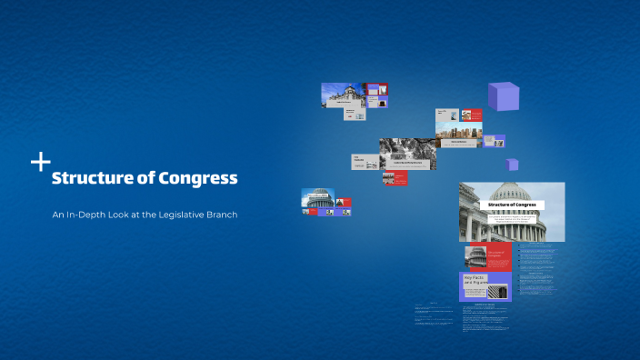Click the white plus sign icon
pos(40,163)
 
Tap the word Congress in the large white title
pos(198,179)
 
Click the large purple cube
pos(505,97)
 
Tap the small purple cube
pos(513,165)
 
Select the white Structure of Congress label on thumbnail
pos(513,205)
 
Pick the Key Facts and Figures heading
pos(475,280)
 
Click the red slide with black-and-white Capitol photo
pos(485,256)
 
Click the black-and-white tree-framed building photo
pos(407,152)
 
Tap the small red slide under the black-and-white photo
pos(395,178)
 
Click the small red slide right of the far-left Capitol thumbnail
pos(344,202)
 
